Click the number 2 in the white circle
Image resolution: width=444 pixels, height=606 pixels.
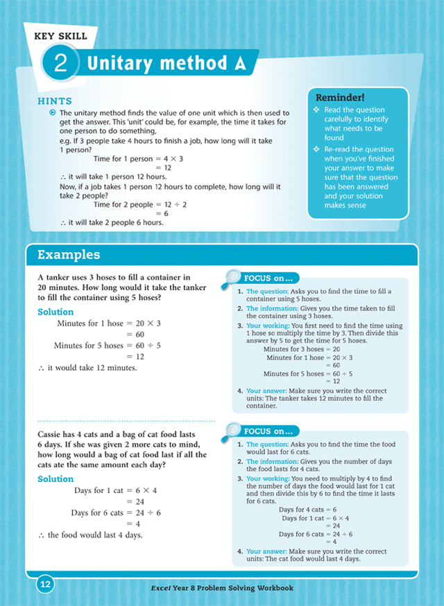click(x=60, y=64)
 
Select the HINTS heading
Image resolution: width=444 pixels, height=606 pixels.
click(x=55, y=102)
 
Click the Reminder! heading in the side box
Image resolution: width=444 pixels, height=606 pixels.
click(x=340, y=97)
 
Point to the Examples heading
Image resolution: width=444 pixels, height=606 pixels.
click(x=68, y=255)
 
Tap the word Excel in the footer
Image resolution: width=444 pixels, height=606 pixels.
click(x=162, y=588)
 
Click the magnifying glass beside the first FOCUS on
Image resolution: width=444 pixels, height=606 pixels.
click(x=231, y=278)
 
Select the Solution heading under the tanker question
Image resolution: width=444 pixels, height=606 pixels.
click(x=55, y=312)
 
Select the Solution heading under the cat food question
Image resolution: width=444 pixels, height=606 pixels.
click(x=55, y=479)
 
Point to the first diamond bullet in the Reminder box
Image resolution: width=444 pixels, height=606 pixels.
click(x=317, y=110)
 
